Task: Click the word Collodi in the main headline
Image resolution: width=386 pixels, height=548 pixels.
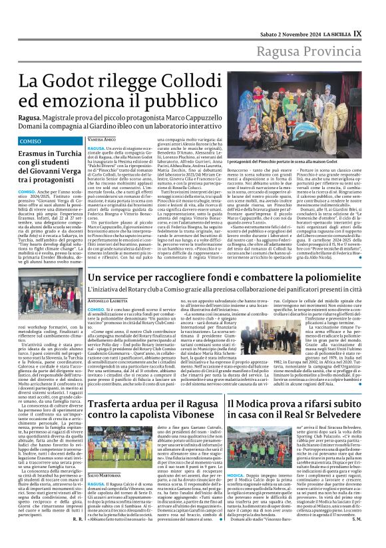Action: click(x=218, y=81)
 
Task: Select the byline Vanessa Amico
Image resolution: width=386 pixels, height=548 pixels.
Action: click(x=100, y=139)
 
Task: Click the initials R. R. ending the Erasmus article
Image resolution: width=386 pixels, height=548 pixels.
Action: click(x=77, y=536)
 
